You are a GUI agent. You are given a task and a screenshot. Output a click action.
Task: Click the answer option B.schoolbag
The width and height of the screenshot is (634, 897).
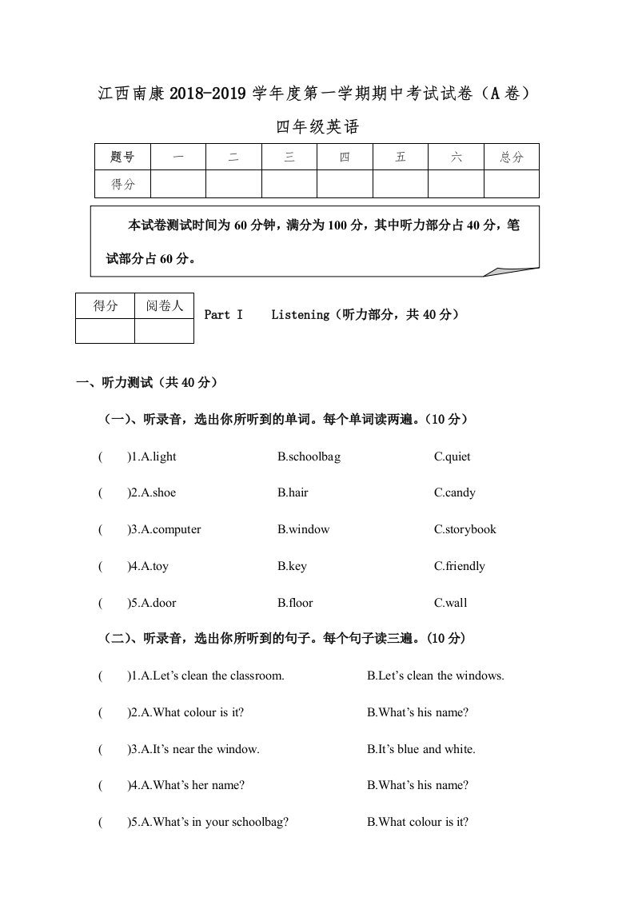click(x=309, y=456)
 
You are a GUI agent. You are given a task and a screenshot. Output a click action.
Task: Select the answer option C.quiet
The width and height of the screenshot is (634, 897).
click(x=452, y=456)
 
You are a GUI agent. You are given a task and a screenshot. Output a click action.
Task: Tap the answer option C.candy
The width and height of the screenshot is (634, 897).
click(x=454, y=492)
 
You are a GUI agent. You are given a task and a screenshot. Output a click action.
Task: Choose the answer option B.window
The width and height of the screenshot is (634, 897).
click(x=303, y=529)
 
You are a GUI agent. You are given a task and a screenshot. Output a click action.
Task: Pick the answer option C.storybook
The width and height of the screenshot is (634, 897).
click(x=465, y=529)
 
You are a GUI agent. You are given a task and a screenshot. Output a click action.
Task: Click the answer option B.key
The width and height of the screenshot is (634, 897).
click(x=292, y=566)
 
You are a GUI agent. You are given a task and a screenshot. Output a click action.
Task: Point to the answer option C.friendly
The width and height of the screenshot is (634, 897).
click(x=459, y=566)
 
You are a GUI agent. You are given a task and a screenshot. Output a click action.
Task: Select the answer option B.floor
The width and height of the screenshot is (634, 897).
click(x=295, y=603)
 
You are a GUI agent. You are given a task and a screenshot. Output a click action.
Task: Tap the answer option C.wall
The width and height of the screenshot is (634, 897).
click(x=450, y=603)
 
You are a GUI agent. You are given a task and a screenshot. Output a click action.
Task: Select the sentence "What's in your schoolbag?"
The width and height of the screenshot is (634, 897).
click(x=214, y=822)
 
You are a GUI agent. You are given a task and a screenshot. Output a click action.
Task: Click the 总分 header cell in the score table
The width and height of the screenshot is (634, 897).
click(x=511, y=157)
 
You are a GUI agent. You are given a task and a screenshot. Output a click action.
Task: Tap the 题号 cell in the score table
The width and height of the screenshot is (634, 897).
click(x=122, y=157)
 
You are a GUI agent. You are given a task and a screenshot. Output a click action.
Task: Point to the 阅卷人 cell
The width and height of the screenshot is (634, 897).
click(x=164, y=306)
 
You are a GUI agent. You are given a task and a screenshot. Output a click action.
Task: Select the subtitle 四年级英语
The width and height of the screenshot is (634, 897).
click(x=317, y=126)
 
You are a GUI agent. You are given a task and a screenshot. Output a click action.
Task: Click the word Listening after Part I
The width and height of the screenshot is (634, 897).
click(x=300, y=315)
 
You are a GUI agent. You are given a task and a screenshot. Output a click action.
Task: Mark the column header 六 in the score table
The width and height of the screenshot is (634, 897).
click(x=456, y=157)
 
